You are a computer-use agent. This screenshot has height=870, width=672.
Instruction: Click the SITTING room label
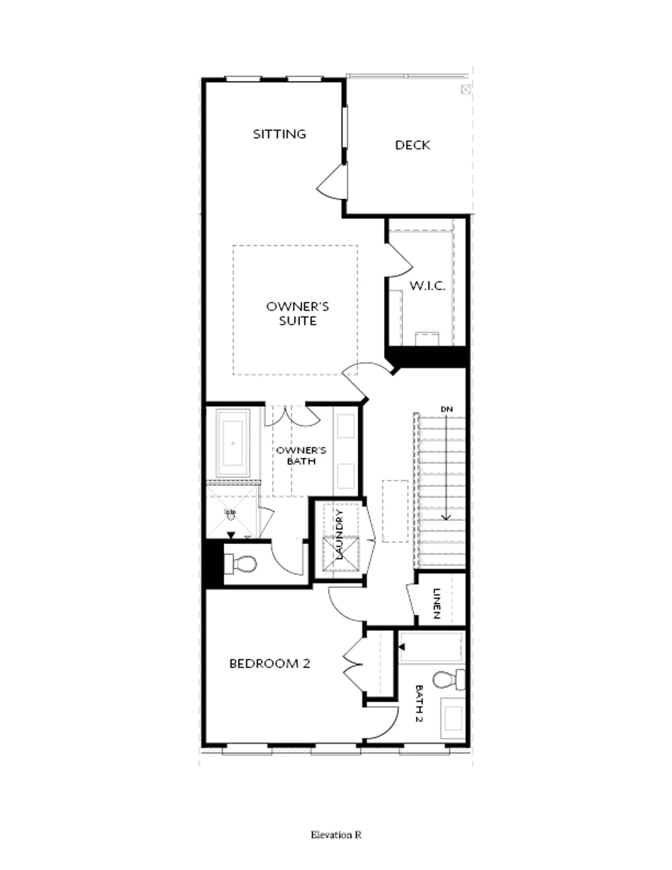279,134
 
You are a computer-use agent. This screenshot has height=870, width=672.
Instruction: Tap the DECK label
412,145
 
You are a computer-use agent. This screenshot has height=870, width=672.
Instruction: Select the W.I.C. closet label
427,286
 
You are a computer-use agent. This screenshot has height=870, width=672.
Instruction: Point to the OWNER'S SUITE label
297,313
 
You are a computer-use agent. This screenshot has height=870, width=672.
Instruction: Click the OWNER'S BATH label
301,455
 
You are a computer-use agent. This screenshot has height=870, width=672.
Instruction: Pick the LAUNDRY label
339,534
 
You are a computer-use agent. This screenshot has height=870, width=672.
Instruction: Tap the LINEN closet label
437,603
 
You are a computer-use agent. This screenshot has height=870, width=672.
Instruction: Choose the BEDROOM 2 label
270,664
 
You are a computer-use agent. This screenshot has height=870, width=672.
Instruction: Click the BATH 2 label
419,703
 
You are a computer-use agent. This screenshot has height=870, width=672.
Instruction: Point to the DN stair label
446,409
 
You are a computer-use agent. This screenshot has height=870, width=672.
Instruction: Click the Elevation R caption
336,835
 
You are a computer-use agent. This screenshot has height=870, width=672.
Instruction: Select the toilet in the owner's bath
240,564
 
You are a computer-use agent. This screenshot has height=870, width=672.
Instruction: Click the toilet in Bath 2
449,679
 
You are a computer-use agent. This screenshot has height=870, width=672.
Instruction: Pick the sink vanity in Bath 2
453,718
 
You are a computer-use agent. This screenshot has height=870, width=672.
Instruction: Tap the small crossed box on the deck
466,89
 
